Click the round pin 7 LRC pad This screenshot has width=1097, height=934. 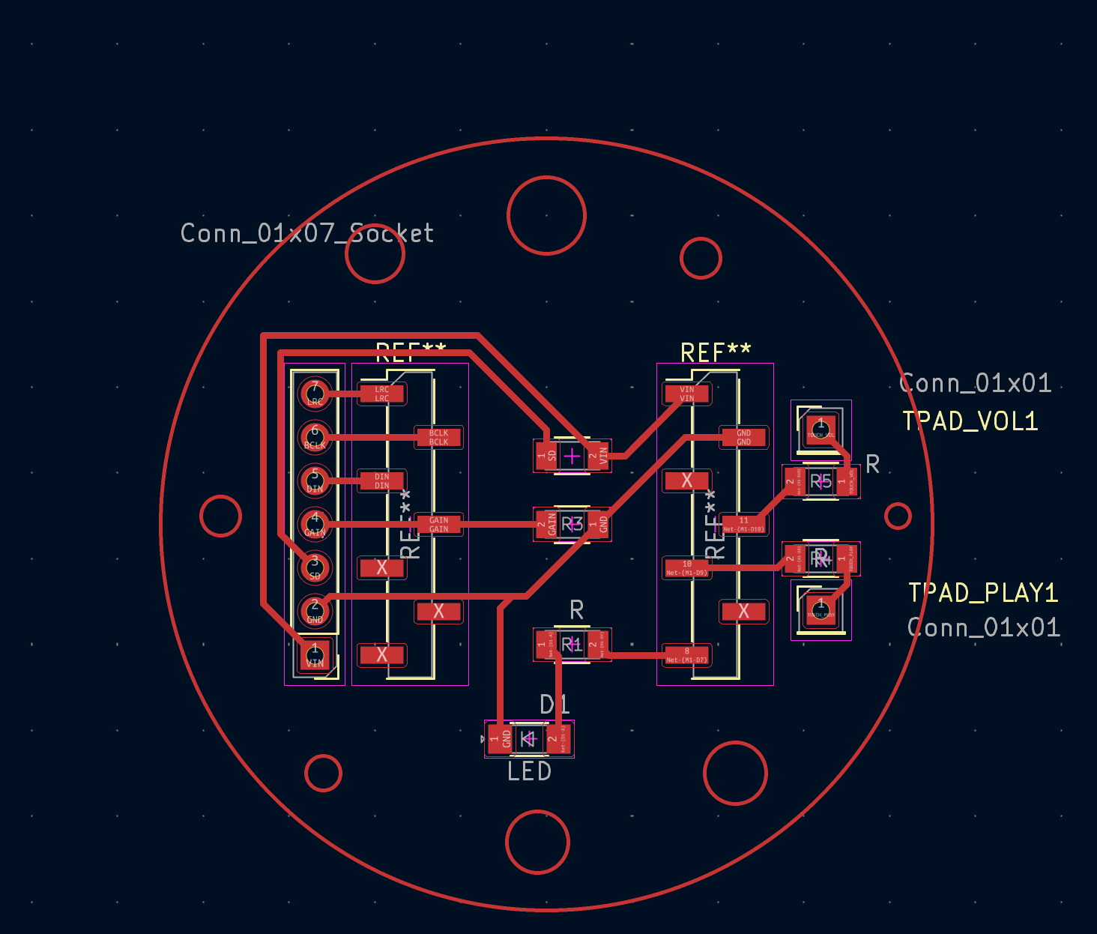point(315,393)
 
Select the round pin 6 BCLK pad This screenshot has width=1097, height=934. point(315,436)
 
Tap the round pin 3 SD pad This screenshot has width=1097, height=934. point(315,567)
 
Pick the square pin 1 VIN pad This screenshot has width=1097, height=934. point(315,655)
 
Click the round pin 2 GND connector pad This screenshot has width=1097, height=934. point(315,611)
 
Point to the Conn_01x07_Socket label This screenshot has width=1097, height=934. point(306,233)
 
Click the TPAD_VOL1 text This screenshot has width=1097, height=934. point(970,421)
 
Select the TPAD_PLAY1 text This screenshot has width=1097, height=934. point(982,593)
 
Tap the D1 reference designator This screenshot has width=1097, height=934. point(554,705)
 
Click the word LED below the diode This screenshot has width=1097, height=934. point(529,771)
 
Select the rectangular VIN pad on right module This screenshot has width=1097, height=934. point(686,394)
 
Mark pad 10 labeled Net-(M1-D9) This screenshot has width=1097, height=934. point(686,568)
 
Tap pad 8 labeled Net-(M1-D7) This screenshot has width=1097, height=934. point(686,655)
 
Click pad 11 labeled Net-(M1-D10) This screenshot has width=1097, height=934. point(743,525)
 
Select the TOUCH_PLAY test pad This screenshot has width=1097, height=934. point(821,609)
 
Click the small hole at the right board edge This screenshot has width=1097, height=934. point(897,516)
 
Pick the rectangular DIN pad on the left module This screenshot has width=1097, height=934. point(381,480)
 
